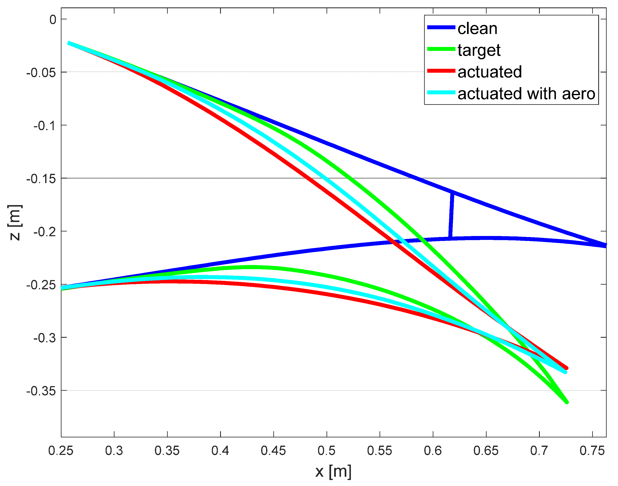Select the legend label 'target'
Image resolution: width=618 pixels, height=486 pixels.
click(x=479, y=50)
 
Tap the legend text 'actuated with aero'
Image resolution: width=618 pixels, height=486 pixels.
click(x=526, y=94)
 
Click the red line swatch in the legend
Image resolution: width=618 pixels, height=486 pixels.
click(x=441, y=71)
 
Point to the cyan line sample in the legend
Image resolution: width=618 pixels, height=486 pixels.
click(x=441, y=92)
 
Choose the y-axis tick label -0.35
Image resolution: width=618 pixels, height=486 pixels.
click(x=41, y=391)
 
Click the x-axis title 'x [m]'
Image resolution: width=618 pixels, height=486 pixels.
click(x=333, y=472)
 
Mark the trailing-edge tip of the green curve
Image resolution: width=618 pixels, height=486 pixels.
click(x=567, y=402)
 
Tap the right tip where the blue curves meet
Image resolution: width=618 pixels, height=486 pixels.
click(x=605, y=245)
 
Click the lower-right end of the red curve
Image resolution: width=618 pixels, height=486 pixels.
click(x=566, y=368)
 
